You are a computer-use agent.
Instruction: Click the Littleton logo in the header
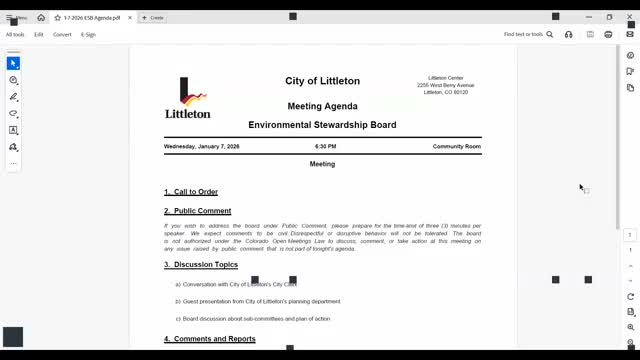pos(187,98)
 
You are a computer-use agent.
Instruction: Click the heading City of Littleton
pos(322,81)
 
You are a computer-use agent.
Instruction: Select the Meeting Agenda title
pos(322,106)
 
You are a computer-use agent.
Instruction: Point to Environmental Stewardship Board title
pos(322,125)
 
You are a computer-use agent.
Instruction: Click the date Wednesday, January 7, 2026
pos(202,147)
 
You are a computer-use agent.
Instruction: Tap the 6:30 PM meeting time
pos(325,147)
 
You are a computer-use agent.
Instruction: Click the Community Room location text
pos(456,147)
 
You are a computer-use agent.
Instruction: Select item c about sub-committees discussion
pos(256,319)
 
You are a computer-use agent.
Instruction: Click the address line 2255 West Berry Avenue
pos(445,85)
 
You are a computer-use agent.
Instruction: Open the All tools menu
pos(15,34)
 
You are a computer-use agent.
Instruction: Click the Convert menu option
pos(62,34)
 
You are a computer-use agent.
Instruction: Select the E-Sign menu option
pos(88,34)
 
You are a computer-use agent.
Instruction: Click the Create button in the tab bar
pos(154,18)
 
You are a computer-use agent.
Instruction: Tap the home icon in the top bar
pos(41,18)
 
